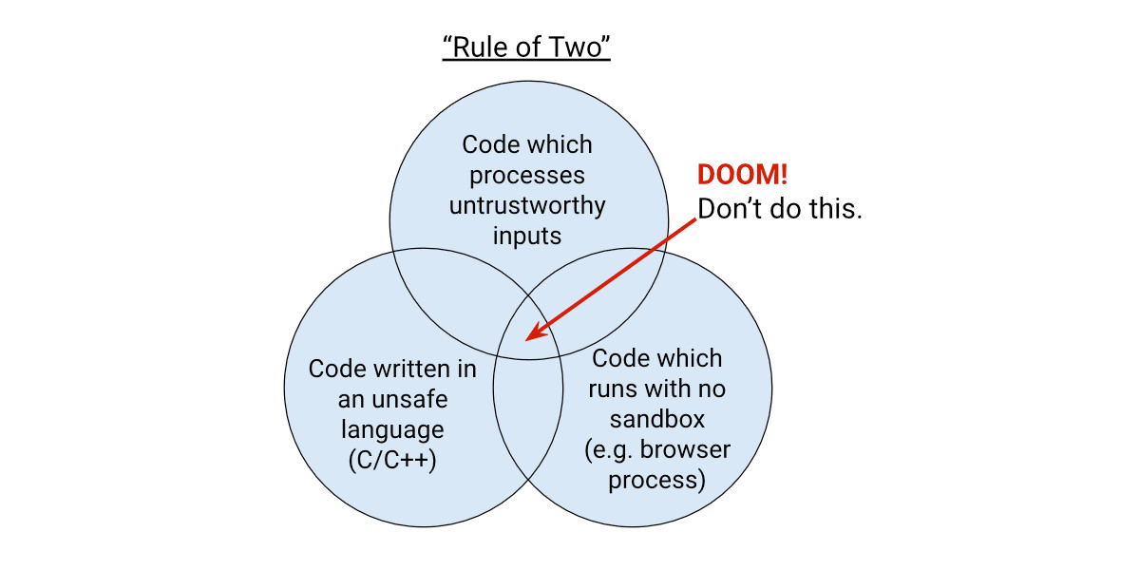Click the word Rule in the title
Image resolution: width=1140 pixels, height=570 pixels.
click(480, 47)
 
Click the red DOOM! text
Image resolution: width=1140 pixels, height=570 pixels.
click(743, 175)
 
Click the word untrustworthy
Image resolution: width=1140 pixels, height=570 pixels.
click(527, 205)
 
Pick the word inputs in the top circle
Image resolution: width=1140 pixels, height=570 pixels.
click(527, 237)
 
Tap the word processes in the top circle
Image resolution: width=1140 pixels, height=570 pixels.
click(527, 176)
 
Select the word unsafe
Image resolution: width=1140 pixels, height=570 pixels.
click(409, 400)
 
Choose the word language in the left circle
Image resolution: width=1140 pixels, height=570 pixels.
click(392, 430)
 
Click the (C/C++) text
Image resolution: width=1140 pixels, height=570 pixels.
click(392, 461)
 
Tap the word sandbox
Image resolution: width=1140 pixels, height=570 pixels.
click(657, 420)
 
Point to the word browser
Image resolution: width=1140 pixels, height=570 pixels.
click(685, 450)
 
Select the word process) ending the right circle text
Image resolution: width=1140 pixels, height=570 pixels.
click(657, 481)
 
